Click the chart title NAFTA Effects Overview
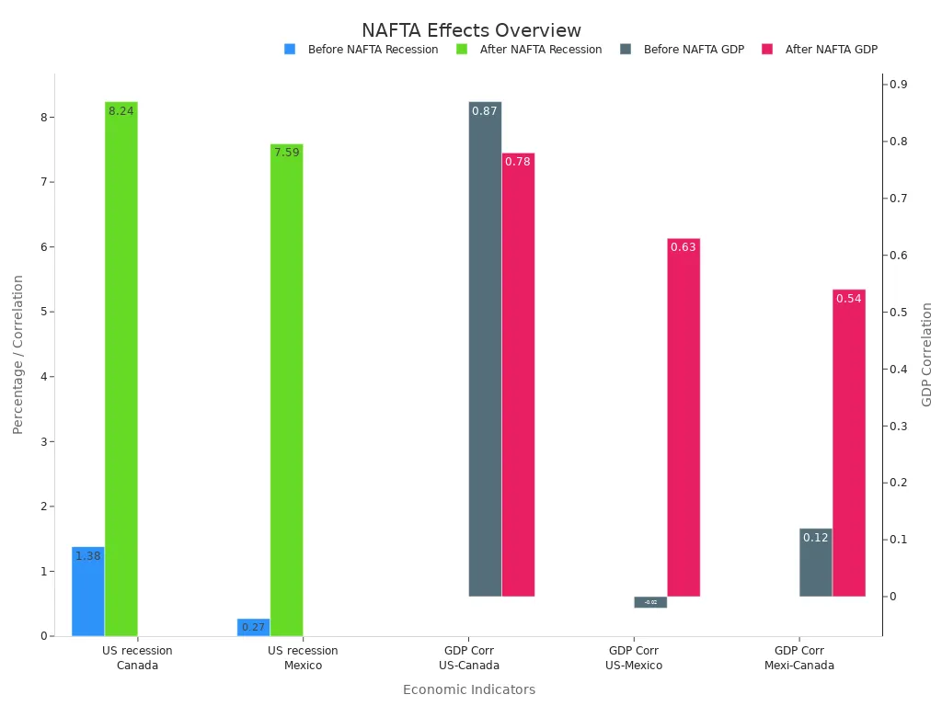point(471,31)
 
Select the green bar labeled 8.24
point(121,368)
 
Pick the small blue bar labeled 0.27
point(253,627)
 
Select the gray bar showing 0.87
point(485,349)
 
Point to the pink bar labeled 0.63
point(684,417)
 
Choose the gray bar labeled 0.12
point(816,563)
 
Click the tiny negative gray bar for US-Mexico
point(650,602)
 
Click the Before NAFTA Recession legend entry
point(362,50)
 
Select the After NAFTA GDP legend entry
point(821,50)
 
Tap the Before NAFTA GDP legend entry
point(683,50)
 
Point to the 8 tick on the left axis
point(43,118)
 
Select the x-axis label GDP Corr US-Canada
point(469,658)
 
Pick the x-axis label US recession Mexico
point(303,658)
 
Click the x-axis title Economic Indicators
point(469,689)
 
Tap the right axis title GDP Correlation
point(927,354)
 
